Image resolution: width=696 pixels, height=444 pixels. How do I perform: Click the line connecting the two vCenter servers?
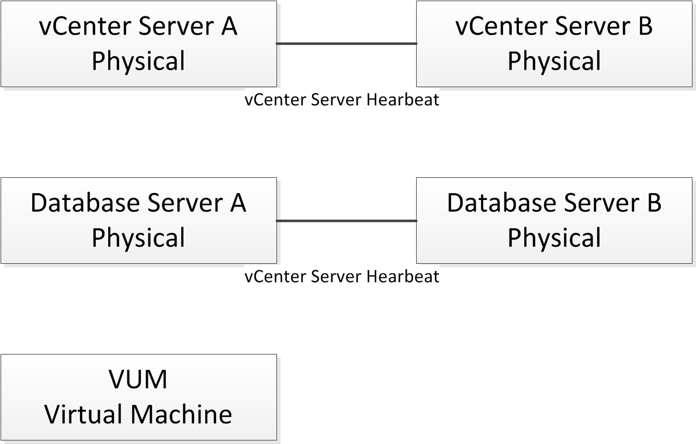coord(346,43)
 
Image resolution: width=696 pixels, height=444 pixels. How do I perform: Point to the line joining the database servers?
coord(346,221)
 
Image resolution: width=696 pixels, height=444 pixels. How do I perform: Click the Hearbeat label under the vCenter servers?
coord(342,100)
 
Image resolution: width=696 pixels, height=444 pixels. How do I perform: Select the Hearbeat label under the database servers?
coord(342,276)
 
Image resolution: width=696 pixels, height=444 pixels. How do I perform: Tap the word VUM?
coord(138,380)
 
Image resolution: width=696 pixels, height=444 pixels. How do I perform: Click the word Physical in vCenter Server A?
coord(138,61)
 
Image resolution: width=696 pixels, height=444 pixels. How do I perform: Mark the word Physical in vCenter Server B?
coord(554,61)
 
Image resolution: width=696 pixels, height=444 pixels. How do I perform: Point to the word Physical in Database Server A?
coord(138,238)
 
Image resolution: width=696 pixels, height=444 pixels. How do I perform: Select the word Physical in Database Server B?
coord(554,238)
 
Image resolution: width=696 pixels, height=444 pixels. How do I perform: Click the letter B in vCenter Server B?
coord(645,27)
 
